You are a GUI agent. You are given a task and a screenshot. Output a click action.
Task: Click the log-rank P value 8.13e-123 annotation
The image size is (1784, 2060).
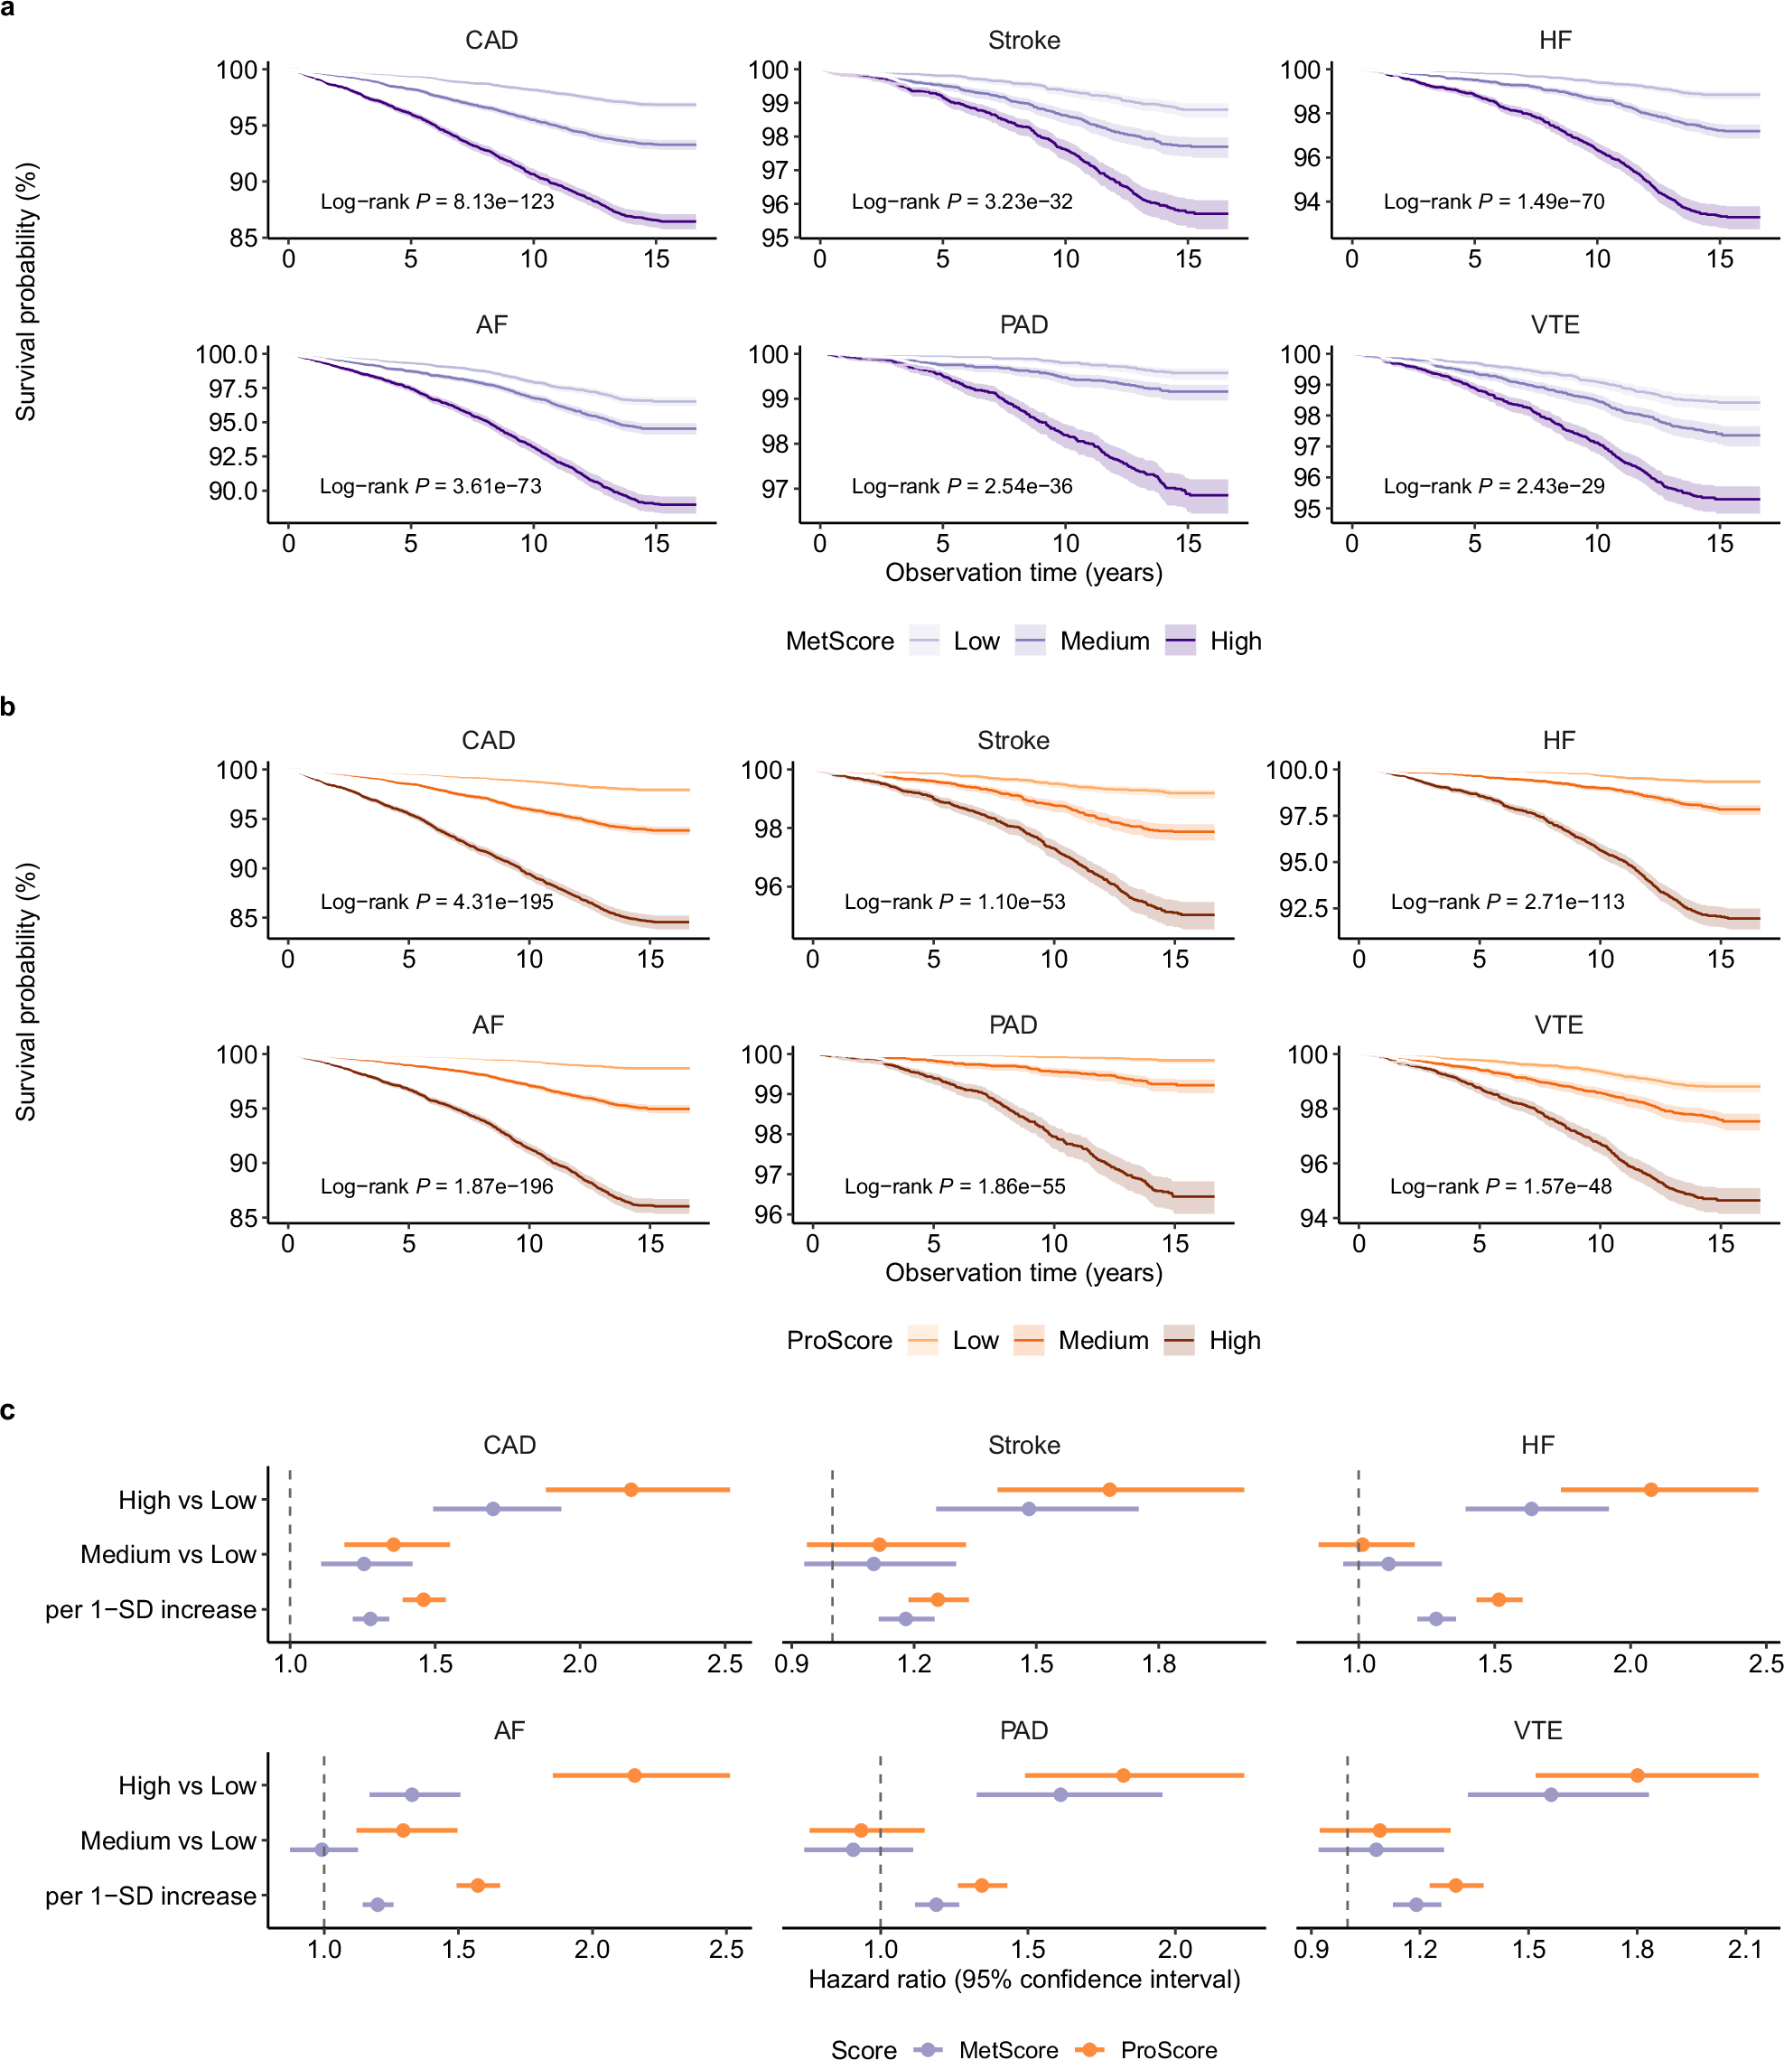[437, 202]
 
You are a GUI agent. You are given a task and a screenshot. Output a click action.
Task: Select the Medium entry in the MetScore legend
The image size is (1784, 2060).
[1103, 641]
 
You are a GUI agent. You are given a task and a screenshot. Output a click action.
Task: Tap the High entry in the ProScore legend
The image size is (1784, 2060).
[1234, 1340]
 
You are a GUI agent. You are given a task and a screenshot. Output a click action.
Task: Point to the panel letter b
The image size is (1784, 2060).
[8, 707]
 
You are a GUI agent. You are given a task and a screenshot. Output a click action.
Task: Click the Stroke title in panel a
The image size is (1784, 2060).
[1023, 41]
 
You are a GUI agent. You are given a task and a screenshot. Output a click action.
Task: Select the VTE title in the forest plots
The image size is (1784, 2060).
[1537, 1730]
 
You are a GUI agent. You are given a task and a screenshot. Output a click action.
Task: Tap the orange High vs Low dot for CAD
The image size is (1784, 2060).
[631, 1490]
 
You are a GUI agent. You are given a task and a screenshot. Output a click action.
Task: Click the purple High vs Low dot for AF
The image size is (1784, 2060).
[412, 1794]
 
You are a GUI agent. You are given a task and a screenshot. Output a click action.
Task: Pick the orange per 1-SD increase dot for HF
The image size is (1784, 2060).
[1499, 1599]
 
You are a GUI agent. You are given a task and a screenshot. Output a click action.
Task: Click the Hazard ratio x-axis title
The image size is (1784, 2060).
[1023, 1979]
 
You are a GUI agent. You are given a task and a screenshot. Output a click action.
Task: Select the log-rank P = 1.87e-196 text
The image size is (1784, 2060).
[436, 1185]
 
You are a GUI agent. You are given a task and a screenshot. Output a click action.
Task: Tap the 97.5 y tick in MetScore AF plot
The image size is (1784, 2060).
[233, 389]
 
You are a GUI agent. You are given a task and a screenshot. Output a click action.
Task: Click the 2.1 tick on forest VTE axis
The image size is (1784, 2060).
[1745, 1950]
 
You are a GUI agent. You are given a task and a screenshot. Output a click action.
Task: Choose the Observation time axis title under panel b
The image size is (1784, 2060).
[1023, 1272]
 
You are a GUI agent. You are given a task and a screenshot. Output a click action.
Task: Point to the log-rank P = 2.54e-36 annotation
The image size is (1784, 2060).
[962, 487]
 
